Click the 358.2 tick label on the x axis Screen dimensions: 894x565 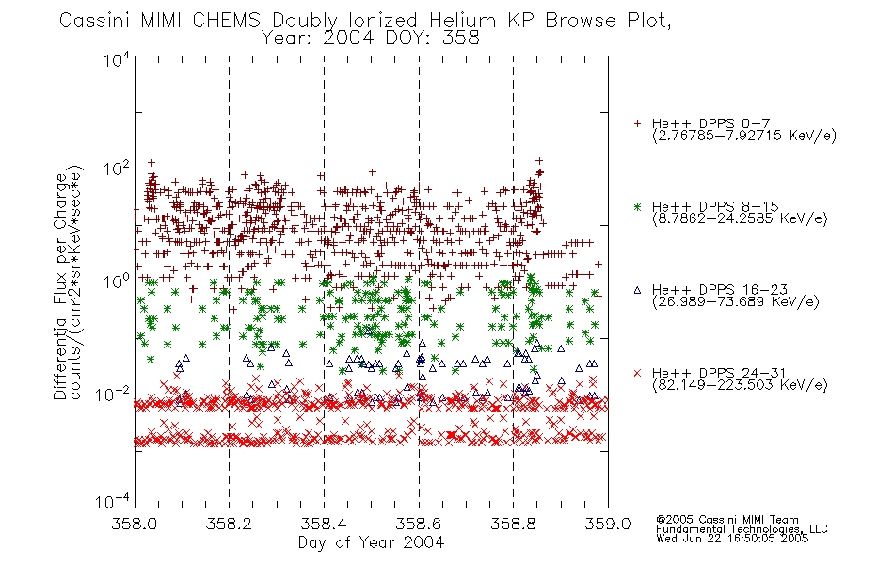(x=229, y=524)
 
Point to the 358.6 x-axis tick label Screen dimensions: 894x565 (x=419, y=524)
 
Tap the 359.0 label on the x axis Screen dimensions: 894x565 (x=608, y=524)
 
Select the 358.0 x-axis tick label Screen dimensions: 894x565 (x=135, y=524)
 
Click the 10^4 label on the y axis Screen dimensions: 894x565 (x=117, y=59)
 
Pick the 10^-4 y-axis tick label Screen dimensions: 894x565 (x=114, y=501)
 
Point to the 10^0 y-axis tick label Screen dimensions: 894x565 (x=117, y=281)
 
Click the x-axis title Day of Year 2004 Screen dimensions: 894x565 (x=371, y=542)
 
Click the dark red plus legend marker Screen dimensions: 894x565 (x=637, y=123)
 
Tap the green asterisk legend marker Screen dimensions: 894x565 (x=637, y=206)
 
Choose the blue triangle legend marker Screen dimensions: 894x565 (x=637, y=290)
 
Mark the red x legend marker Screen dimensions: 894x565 (x=637, y=373)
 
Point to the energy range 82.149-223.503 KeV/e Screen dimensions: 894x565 (x=740, y=385)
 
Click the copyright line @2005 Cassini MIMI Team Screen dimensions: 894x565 (x=727, y=520)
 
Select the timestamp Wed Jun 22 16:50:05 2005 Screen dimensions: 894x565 (x=732, y=539)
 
